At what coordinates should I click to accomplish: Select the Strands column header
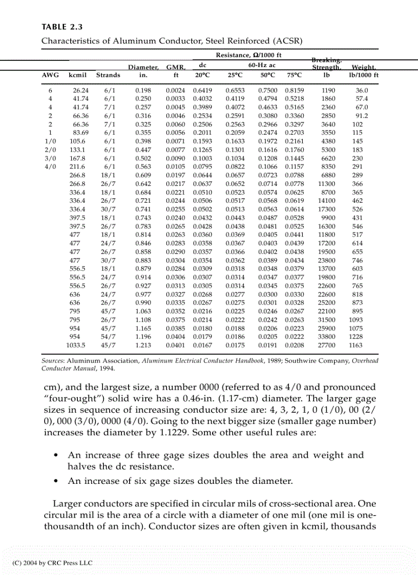coord(109,75)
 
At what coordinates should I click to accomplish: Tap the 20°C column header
coord(202,75)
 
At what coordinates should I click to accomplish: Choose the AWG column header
coord(50,75)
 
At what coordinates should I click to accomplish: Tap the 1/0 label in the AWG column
coord(50,141)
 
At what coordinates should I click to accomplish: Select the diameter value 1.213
coord(142,345)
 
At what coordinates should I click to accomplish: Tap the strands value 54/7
coord(109,337)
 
